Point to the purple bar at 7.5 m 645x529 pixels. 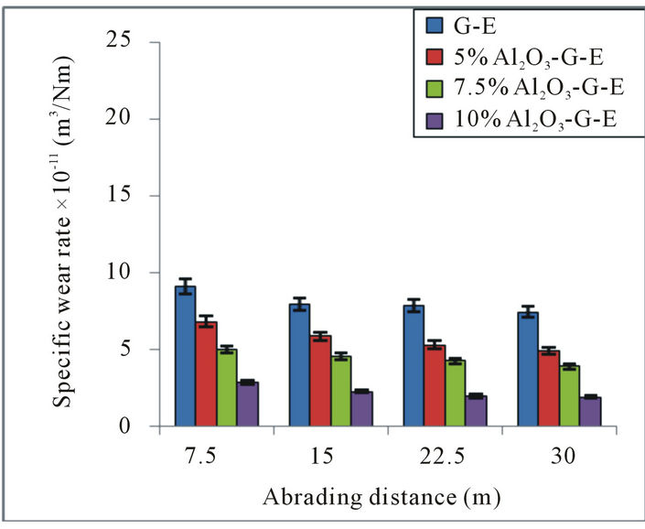(248, 404)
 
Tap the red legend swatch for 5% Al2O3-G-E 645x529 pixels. (433, 53)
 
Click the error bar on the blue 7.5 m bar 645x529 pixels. (186, 286)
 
